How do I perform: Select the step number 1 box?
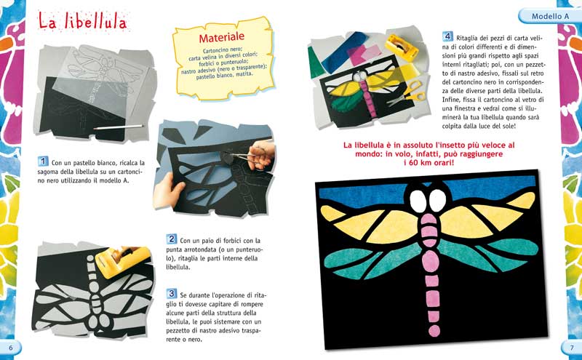[x=43, y=161]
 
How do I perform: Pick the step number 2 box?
[x=172, y=239]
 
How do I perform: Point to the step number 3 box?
[x=172, y=293]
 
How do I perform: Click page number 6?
[x=10, y=347]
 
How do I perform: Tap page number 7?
[x=572, y=347]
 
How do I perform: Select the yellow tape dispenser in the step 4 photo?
[x=403, y=44]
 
